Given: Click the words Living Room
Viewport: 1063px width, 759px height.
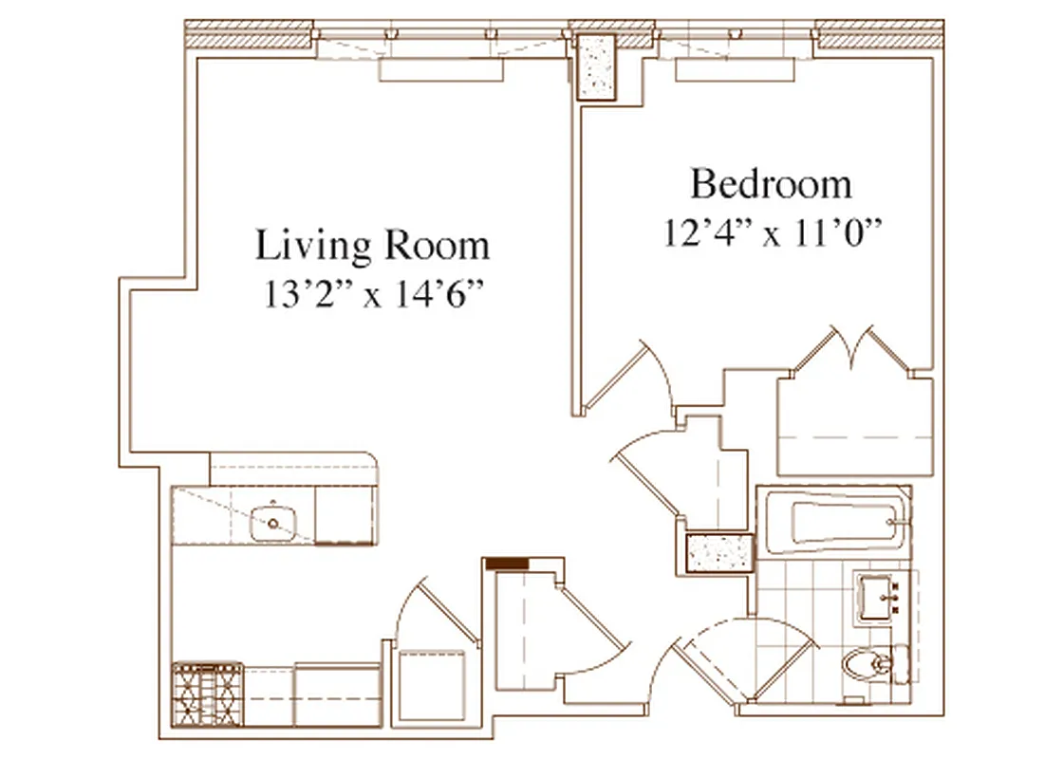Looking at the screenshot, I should coord(372,246).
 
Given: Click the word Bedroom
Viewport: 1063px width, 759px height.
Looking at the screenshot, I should coord(771,184).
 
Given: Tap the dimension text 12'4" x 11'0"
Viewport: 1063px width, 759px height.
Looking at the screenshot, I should coord(771,232).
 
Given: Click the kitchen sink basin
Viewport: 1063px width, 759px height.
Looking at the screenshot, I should coord(273,521).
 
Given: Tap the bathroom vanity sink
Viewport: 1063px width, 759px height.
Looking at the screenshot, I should coord(882,598).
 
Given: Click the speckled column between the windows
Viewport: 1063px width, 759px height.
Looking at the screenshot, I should coord(598,66).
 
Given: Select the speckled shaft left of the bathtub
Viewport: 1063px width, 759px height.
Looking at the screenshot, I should coord(718,553).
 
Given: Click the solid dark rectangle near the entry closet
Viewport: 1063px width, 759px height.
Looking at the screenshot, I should coord(507,564).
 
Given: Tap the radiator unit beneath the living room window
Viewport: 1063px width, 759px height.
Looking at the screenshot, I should coord(440,70).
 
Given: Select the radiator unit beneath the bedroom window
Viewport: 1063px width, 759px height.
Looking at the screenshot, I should coord(735,70).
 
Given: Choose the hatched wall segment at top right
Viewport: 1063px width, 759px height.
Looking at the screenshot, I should coord(879,36).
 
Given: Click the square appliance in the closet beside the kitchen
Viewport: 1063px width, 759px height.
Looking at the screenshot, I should coord(433,679).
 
